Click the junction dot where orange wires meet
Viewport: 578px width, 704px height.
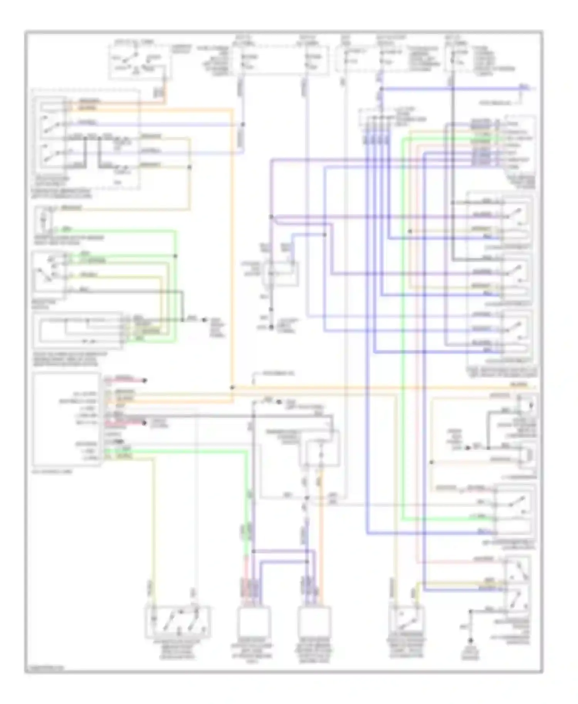[232, 387]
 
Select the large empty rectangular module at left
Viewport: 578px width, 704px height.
[66, 419]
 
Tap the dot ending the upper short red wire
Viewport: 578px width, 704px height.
[145, 380]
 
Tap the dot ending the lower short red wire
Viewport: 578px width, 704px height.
[144, 423]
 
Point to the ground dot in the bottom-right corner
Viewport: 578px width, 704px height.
[470, 641]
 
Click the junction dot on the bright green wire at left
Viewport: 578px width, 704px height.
[175, 256]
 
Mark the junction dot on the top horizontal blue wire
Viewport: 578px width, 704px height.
[381, 89]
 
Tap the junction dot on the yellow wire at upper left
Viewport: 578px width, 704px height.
[189, 167]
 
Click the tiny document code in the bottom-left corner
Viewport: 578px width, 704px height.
[44, 667]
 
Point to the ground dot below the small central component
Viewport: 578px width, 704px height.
[271, 327]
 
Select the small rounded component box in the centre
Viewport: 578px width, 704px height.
[281, 273]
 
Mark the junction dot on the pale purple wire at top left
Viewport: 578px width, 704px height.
[243, 124]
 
